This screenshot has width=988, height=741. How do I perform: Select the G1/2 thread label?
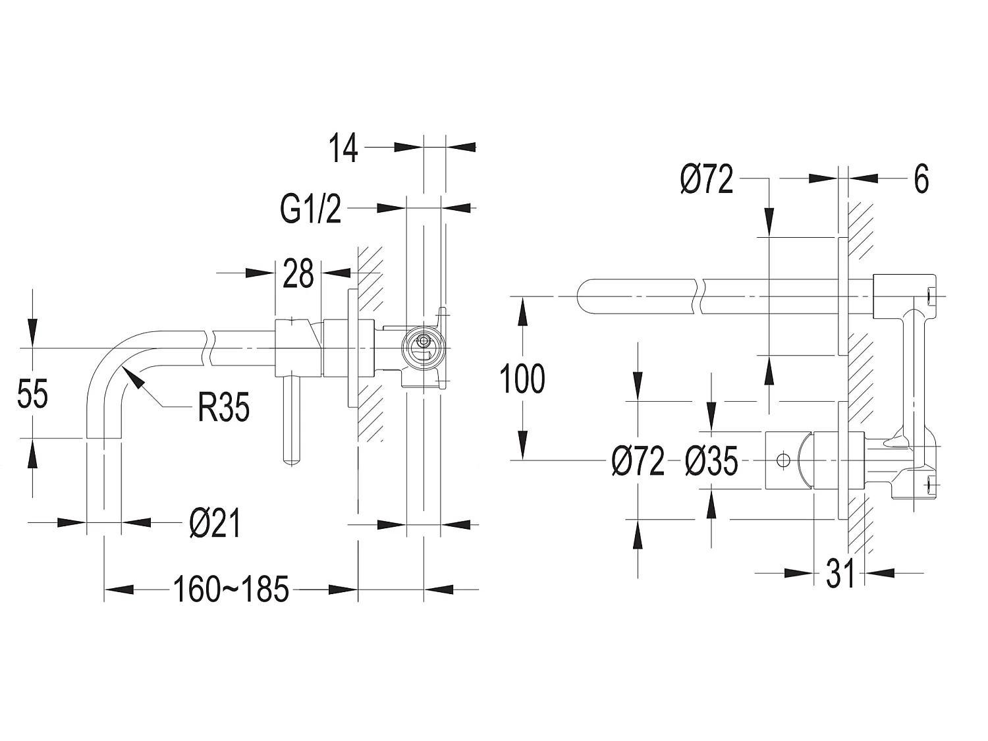point(311,209)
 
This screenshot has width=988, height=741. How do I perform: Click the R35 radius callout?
point(224,408)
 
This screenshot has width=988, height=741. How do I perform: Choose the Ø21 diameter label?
point(215,524)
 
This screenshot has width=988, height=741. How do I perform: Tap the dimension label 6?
point(921,178)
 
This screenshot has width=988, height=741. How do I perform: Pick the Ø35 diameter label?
point(711,460)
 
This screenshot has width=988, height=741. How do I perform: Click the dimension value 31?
point(840,574)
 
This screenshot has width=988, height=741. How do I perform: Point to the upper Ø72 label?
point(707,179)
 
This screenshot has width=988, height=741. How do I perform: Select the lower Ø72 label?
point(638,460)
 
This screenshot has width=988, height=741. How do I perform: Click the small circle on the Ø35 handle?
point(782,460)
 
